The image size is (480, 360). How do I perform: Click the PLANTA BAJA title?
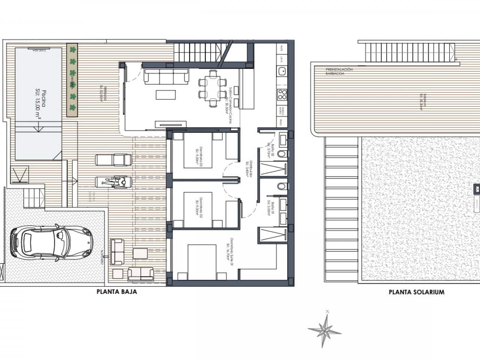tap(117, 292)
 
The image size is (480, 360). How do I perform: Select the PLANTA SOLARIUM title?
tap(417, 292)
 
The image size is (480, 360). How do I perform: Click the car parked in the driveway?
tap(51, 243)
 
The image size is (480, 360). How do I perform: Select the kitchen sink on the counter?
tap(282, 70)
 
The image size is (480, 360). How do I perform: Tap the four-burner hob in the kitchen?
tap(282, 94)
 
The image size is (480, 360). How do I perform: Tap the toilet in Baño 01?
tap(282, 186)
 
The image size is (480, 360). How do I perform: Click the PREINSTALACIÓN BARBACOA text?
tap(339, 72)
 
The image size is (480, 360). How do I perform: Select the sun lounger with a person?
tap(114, 182)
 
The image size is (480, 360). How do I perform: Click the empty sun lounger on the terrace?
tap(114, 160)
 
